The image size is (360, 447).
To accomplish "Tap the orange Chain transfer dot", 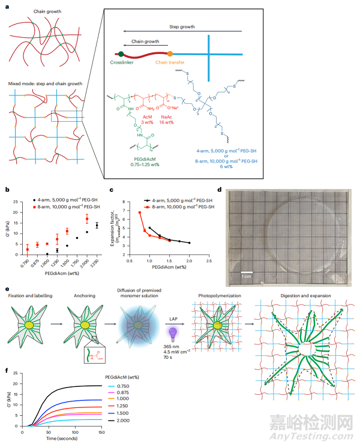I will coord(170,54).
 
